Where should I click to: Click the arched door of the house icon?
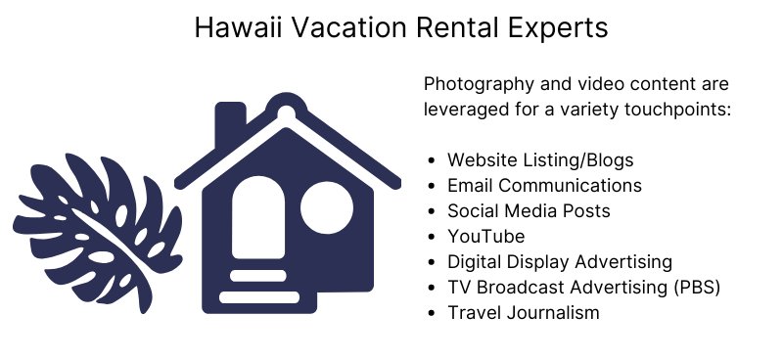click(x=258, y=219)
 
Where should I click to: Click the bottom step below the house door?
click(x=259, y=296)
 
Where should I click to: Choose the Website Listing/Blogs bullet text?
click(x=540, y=160)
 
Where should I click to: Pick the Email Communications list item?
click(x=544, y=186)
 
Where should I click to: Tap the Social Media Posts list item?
click(x=529, y=211)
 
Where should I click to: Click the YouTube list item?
click(x=486, y=237)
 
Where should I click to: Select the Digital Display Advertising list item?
click(x=560, y=262)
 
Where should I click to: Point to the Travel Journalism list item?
click(x=524, y=313)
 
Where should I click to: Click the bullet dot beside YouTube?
click(x=432, y=237)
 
